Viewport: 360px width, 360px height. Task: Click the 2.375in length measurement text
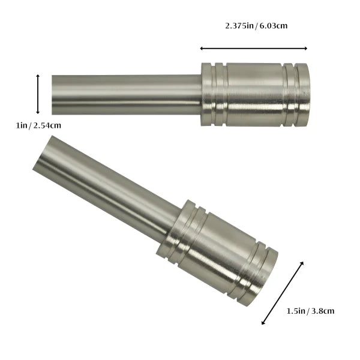[x=239, y=26]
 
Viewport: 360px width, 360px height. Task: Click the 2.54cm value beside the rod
[x=47, y=126]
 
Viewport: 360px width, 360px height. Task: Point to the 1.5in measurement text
[x=297, y=311]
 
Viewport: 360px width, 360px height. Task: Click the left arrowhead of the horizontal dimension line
[x=202, y=48]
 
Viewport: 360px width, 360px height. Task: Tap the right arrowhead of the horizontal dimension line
[x=305, y=48]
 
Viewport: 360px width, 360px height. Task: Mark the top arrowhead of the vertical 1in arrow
[x=38, y=76]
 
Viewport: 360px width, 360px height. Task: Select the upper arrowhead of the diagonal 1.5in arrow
[x=302, y=263]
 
